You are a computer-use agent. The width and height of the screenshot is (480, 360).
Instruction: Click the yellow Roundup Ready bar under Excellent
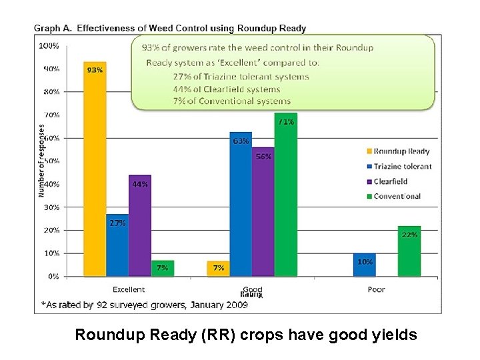coord(95,173)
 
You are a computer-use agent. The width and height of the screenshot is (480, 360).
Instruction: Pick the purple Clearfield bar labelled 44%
coord(140,227)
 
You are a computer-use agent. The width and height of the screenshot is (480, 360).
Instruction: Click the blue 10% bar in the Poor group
coord(365,265)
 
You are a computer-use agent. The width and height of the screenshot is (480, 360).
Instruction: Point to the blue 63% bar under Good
coord(241,207)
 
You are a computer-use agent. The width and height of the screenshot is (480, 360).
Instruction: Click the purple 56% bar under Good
coord(263,213)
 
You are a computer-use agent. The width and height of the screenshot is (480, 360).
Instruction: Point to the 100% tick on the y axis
coord(49,46)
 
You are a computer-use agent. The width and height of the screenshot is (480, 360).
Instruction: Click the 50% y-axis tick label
coord(51,161)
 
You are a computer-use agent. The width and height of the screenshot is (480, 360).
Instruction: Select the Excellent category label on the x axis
coord(129,290)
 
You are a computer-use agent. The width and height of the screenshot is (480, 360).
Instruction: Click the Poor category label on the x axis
coord(376,290)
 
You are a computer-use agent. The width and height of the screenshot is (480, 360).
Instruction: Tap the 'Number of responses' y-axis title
coord(41,160)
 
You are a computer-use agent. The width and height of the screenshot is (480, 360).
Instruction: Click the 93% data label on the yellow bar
coord(95,70)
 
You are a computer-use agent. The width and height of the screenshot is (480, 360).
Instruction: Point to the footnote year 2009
coord(235,305)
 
